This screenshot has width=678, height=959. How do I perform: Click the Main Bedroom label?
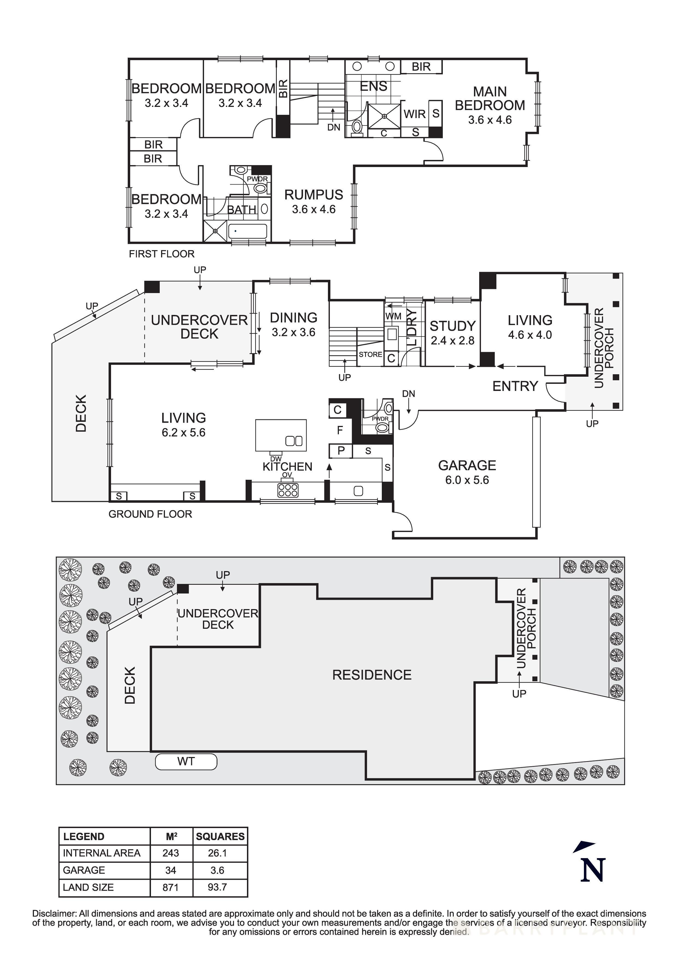pos(490,99)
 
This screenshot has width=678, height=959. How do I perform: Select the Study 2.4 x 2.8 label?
pos(452,333)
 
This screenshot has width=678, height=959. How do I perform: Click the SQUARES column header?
pos(220,836)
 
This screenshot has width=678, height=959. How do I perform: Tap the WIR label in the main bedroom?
pos(414,114)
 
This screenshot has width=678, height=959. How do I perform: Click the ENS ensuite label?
pos(374,86)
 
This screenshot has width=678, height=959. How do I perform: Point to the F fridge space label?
pos(340,430)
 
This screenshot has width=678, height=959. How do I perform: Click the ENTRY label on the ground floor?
pos(515,386)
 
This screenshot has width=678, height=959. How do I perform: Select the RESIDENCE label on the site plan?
pos(372,675)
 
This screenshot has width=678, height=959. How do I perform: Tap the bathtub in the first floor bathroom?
pos(248,231)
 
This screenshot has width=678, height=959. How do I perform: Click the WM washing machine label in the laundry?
pos(393,316)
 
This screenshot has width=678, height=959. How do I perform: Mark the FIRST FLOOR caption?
pos(162,254)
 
